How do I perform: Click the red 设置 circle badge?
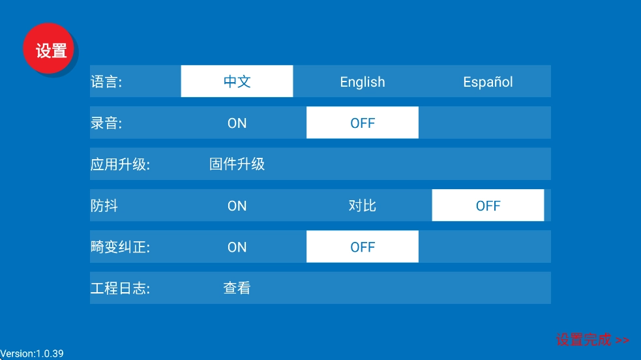pos(51,50)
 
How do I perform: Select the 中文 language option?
pos(237,82)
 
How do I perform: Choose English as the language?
pos(363,82)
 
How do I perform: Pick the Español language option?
pos(488,82)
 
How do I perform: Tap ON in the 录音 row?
pos(237,123)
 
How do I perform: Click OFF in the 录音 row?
pos(363,123)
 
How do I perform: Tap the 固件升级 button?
pos(237,164)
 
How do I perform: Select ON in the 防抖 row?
pos(237,205)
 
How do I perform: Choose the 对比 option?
pos(363,205)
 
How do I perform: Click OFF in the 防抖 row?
pos(488,205)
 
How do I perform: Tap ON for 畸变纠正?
pos(237,247)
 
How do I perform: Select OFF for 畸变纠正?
pos(363,247)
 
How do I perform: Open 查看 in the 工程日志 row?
pos(237,288)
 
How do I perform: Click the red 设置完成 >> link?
pos(592,340)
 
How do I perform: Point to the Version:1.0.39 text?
pos(32,353)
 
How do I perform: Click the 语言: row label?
pos(106,82)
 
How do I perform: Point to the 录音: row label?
pos(106,123)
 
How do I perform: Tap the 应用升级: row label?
pos(120,164)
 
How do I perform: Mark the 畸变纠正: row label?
pos(120,247)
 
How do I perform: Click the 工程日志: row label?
pos(120,288)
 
